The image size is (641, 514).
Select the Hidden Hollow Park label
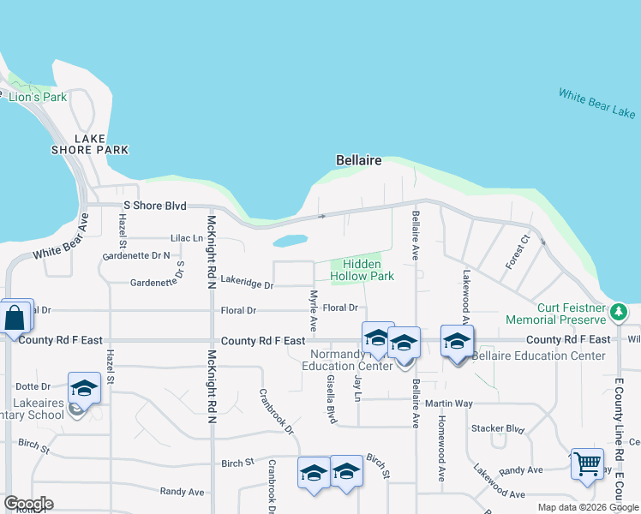click(362, 270)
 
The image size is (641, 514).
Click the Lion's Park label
click(38, 97)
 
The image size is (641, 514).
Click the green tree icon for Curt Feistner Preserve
click(620, 313)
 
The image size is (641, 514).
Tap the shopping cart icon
click(587, 463)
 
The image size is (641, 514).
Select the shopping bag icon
click(15, 317)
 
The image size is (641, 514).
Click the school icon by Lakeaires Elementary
click(84, 390)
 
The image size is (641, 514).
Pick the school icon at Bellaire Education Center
click(458, 342)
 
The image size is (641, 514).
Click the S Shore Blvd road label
click(155, 206)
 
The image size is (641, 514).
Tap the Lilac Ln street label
click(187, 237)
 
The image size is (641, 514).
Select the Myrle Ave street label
click(314, 312)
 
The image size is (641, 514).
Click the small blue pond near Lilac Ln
click(291, 241)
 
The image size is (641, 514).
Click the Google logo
click(28, 504)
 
